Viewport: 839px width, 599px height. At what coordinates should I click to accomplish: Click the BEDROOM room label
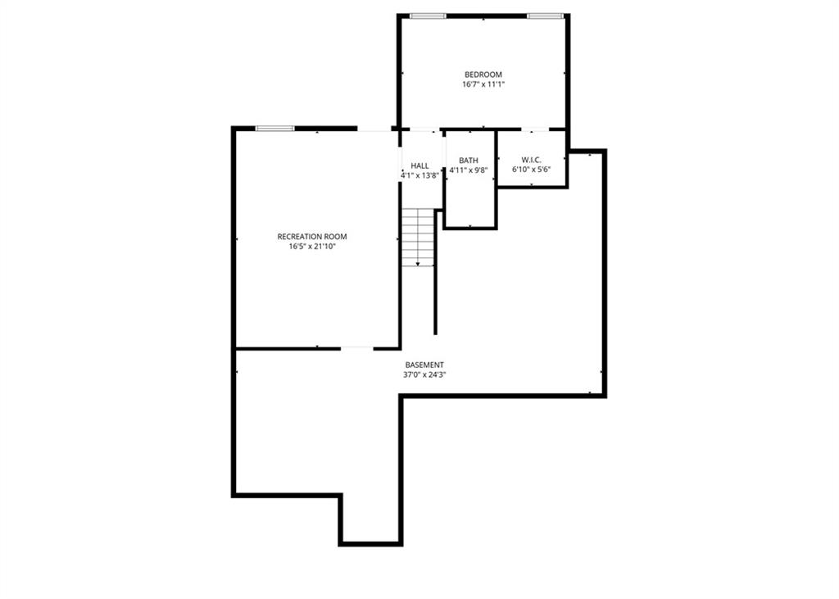click(483, 75)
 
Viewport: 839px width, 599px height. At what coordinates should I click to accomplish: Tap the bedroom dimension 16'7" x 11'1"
click(483, 84)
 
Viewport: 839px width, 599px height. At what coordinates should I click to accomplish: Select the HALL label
click(419, 166)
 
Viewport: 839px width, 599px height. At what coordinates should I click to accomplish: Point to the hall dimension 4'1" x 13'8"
click(420, 175)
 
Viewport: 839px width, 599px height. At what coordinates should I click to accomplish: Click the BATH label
click(469, 161)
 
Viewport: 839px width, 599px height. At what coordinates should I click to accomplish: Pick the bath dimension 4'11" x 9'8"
click(469, 170)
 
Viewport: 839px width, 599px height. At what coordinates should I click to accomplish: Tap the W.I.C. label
click(531, 160)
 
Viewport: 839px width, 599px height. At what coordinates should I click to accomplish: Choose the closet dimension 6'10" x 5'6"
click(531, 170)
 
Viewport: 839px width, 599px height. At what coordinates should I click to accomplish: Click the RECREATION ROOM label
click(312, 237)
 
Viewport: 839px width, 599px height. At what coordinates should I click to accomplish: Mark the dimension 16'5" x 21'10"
click(312, 247)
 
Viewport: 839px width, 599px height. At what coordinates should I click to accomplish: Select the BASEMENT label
click(424, 365)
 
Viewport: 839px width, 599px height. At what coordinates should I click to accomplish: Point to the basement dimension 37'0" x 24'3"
click(424, 374)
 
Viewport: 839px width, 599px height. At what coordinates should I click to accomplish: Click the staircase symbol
click(418, 236)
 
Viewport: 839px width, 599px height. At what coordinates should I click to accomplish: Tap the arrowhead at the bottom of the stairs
click(419, 264)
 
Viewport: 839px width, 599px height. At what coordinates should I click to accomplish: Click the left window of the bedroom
click(428, 16)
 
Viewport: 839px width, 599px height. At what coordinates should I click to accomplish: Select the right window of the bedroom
click(545, 16)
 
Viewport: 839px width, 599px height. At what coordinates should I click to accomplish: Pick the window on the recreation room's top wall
click(274, 128)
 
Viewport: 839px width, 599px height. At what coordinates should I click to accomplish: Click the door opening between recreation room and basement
click(356, 348)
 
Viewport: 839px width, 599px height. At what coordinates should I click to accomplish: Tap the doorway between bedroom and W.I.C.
click(535, 129)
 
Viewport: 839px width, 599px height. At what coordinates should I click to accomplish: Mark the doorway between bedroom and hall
click(421, 129)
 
